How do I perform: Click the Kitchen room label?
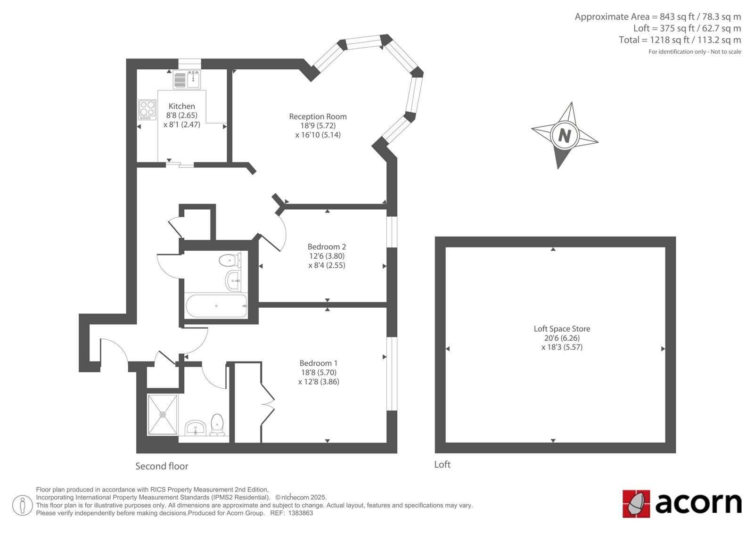182,107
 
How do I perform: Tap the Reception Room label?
318,116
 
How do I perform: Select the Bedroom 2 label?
327,247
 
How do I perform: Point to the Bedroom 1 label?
319,363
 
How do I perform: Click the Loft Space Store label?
562,329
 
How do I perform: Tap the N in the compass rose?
565,136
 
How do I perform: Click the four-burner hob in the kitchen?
147,110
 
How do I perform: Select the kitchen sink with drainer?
187,80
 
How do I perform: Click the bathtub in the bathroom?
216,306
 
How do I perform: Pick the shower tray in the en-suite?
163,415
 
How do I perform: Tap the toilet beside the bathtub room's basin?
230,260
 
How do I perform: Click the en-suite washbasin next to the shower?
195,427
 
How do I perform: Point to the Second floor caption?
162,467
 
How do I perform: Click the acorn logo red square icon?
636,504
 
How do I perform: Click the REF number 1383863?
301,513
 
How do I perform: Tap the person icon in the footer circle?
23,506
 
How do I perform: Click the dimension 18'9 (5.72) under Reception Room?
318,125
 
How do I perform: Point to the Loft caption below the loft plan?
443,465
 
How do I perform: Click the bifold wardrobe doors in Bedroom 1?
268,404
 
